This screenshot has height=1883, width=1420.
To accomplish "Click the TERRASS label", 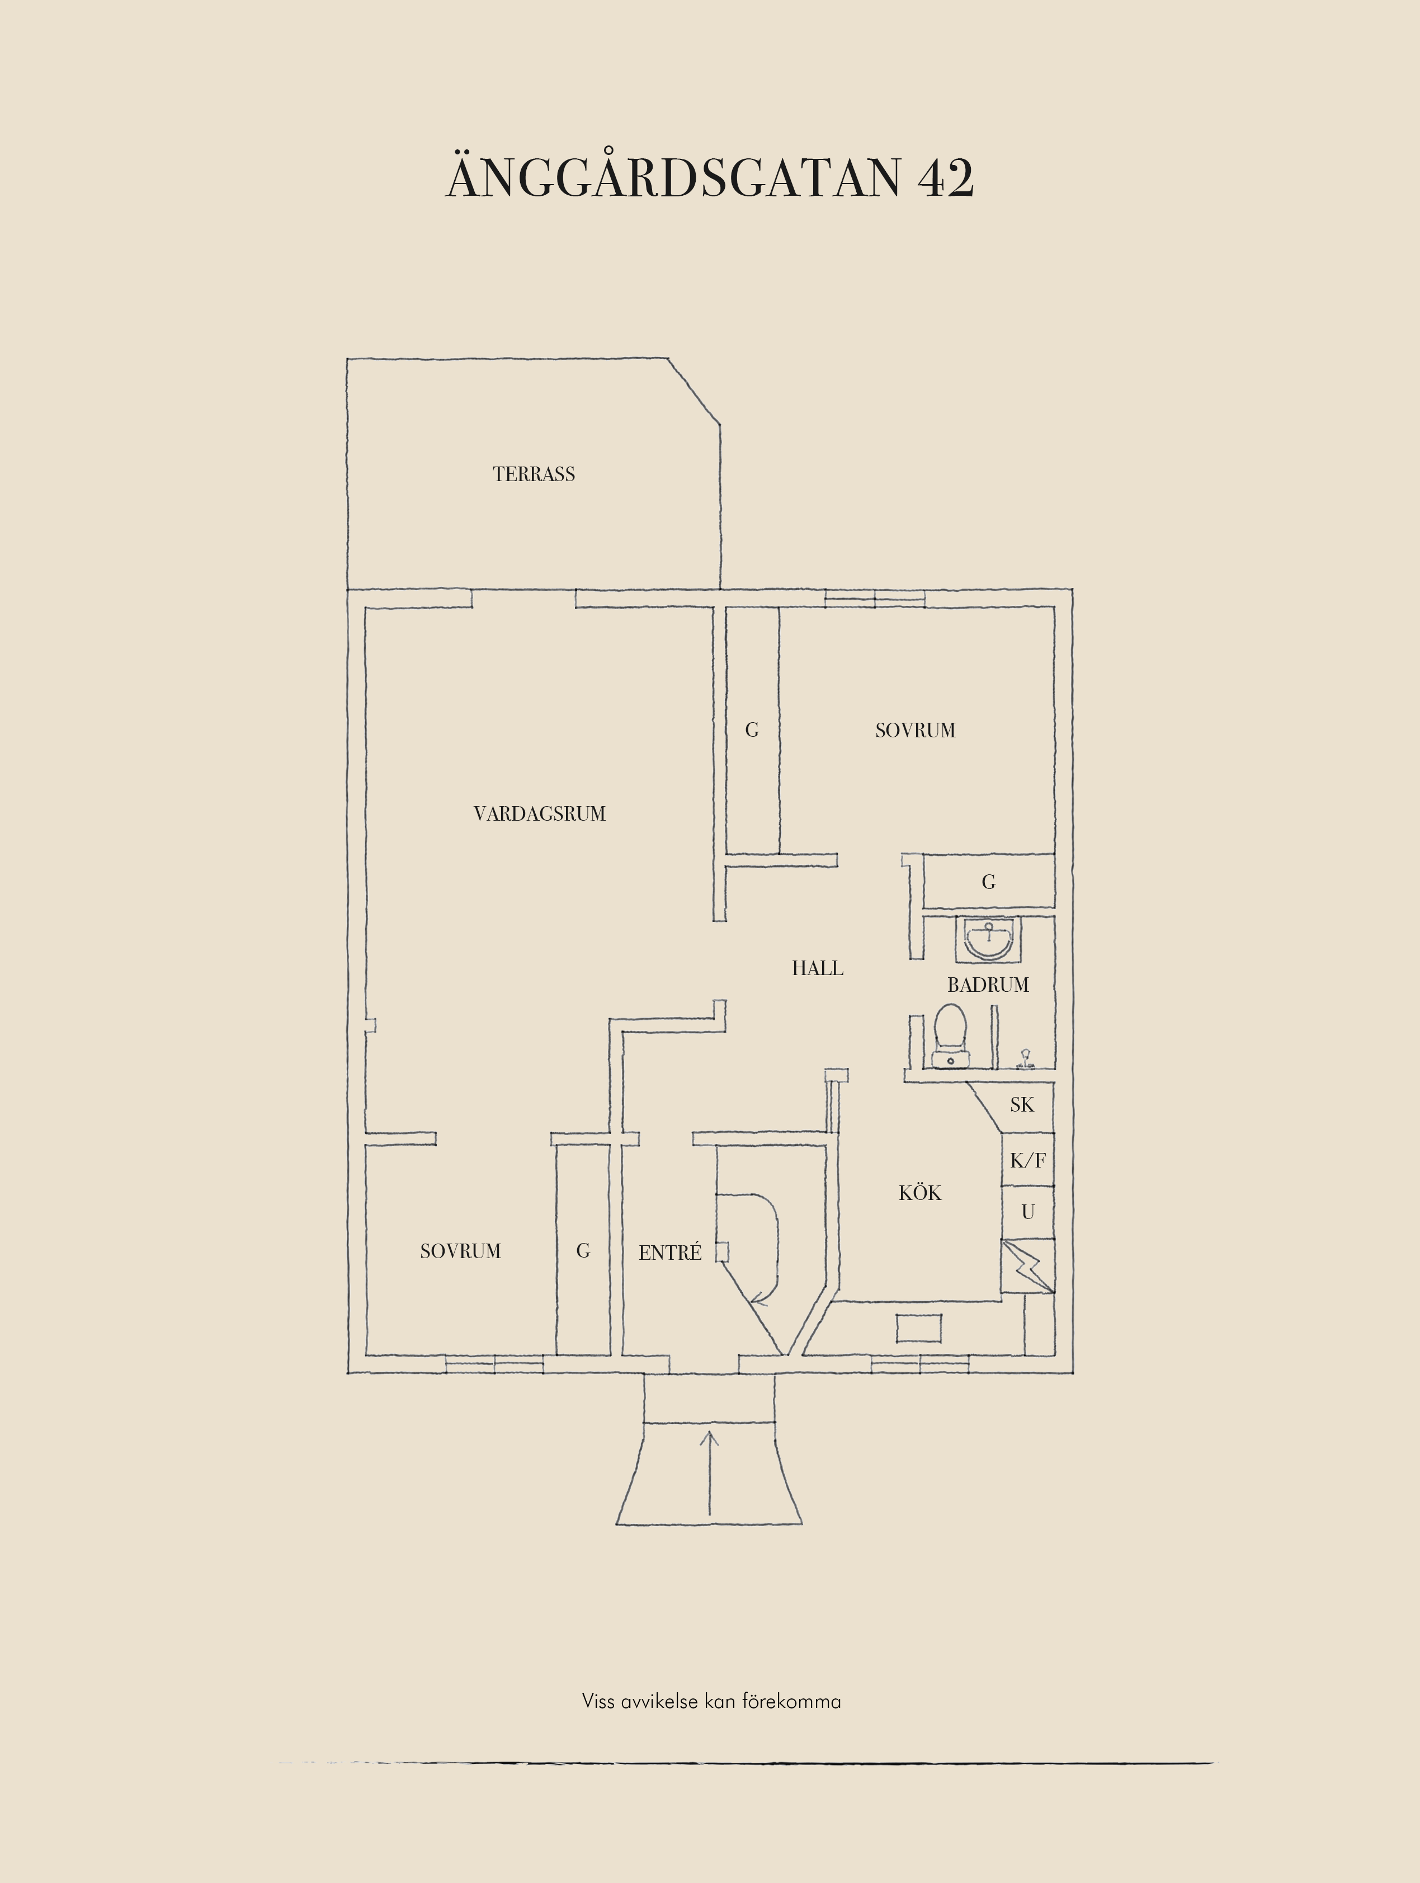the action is click(534, 474).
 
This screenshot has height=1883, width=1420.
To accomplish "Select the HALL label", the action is click(818, 968).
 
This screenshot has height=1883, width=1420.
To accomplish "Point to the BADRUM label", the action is click(988, 985).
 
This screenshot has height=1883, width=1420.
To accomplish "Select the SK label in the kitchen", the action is click(1022, 1105).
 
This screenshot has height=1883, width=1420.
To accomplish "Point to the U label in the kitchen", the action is click(1028, 1212).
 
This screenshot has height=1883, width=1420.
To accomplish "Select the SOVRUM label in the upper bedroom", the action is click(916, 731).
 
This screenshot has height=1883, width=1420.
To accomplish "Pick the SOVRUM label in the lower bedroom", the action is click(460, 1251).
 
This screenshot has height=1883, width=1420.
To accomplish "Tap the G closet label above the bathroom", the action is click(989, 882).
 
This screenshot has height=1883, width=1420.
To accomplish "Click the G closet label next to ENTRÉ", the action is click(583, 1250).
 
